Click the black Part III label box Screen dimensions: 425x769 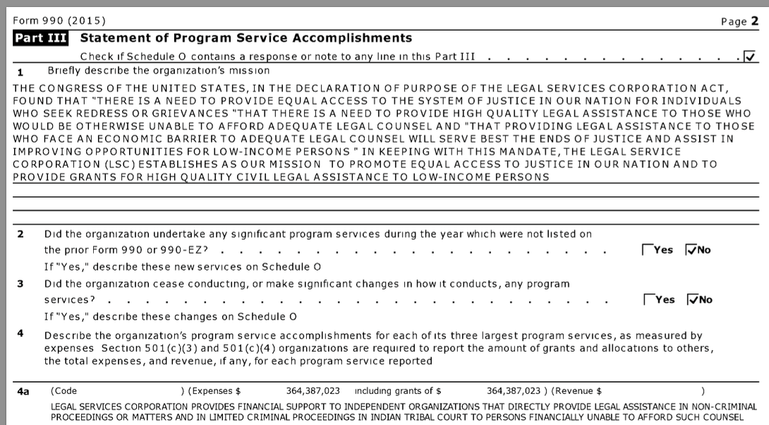click(x=40, y=38)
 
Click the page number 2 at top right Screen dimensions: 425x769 click(x=754, y=21)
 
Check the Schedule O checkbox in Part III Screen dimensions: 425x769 click(x=749, y=56)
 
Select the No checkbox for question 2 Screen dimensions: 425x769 click(x=691, y=250)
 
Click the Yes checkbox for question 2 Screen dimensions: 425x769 click(x=648, y=250)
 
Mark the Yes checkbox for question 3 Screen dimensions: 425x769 click(x=649, y=299)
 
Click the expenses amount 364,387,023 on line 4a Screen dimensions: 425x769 click(x=313, y=390)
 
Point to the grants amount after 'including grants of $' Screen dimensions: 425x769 click(x=514, y=390)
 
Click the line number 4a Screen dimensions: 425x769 click(x=24, y=391)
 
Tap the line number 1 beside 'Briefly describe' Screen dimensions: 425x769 click(x=20, y=71)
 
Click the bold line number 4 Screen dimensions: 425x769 click(x=20, y=333)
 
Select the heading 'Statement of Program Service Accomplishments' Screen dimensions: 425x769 click(x=246, y=38)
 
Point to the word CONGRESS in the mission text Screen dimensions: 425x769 click(x=67, y=88)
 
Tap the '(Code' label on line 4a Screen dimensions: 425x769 click(x=64, y=390)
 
